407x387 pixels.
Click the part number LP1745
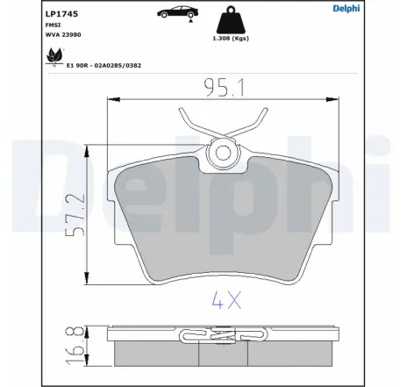tap(61, 14)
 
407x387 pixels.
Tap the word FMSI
tap(53, 25)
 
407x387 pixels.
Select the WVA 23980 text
tap(63, 34)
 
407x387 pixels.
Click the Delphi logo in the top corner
tap(346, 8)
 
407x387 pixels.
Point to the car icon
tap(178, 11)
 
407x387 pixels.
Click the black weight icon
tap(231, 20)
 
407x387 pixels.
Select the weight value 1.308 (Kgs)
tap(231, 39)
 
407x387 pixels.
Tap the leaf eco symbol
tap(54, 56)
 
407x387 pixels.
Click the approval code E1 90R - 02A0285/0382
tap(104, 66)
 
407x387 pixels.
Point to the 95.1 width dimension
tap(224, 88)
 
